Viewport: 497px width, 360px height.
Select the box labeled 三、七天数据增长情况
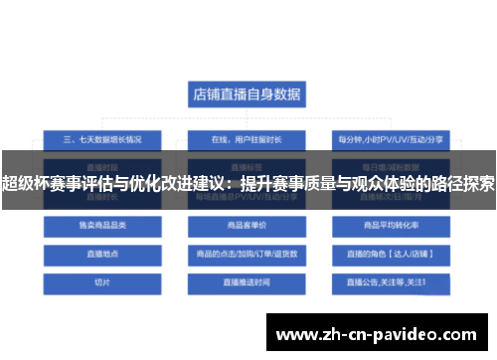point(102,138)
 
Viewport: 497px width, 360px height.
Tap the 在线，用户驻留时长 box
point(248,138)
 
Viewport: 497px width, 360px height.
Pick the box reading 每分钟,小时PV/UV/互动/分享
point(392,138)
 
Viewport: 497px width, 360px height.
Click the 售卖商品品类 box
point(102,227)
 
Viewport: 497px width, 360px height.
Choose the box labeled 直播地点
point(102,255)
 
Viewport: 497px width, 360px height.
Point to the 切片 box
point(102,282)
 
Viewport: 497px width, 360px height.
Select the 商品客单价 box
point(248,227)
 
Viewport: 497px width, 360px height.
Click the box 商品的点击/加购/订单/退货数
point(248,255)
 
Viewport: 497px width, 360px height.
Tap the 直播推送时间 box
point(248,282)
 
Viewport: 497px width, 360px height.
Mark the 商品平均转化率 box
point(392,227)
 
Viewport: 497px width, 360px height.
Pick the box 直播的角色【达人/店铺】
point(392,255)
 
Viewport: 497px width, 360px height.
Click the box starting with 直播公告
point(392,282)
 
